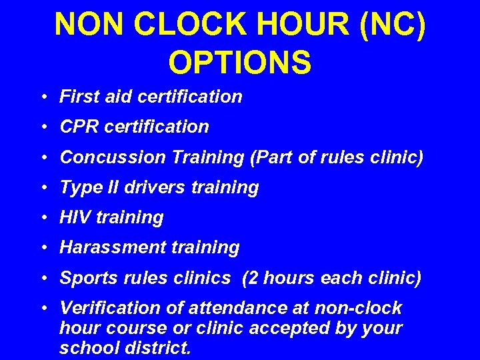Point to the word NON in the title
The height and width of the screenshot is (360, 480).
(x=90, y=24)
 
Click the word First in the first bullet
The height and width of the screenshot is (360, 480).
(x=75, y=97)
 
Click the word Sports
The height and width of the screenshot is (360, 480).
(x=85, y=278)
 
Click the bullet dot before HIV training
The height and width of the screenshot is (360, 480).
(x=43, y=218)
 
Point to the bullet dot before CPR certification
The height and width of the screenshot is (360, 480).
(x=43, y=127)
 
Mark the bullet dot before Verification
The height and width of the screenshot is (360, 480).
(x=43, y=309)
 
